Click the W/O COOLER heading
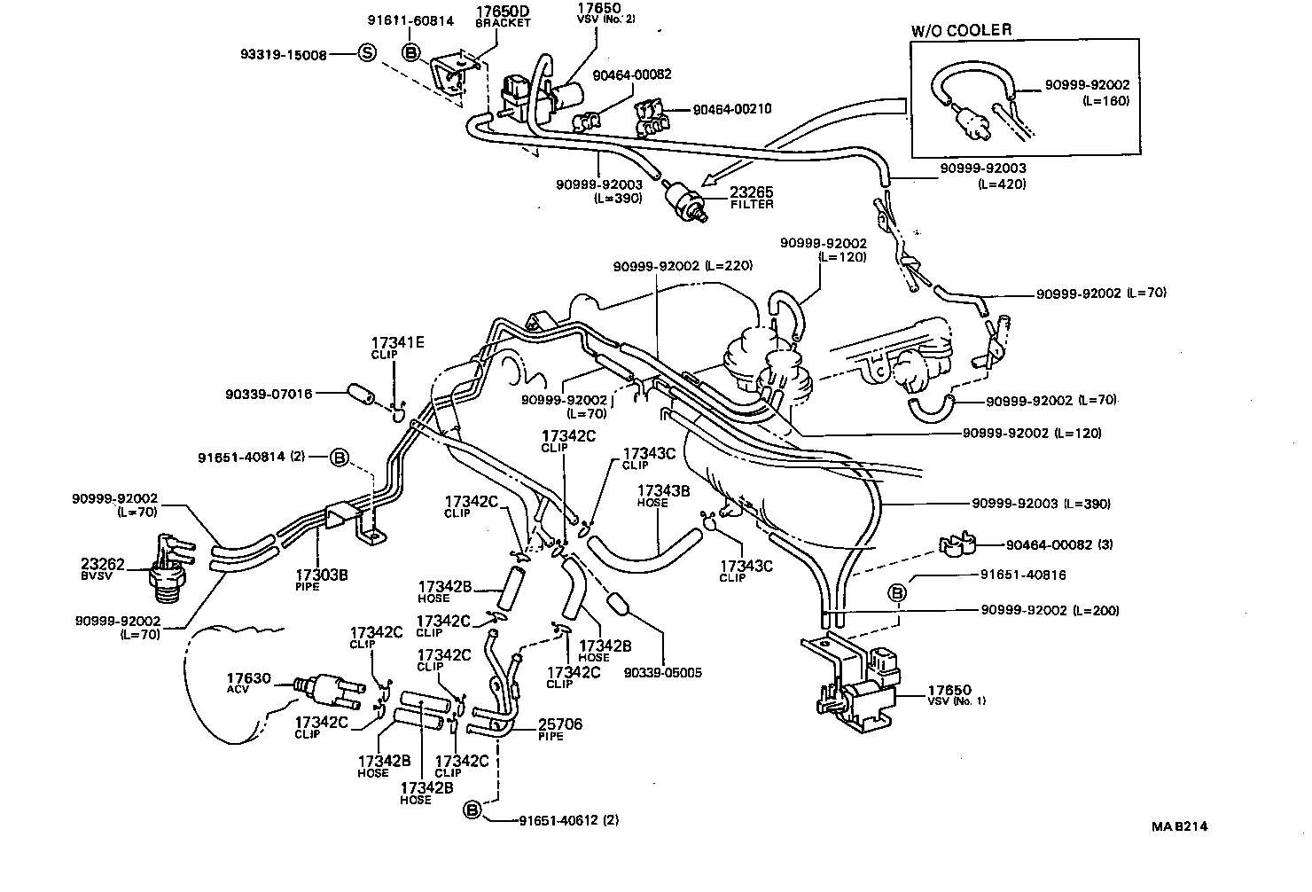(x=961, y=31)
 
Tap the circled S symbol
(x=366, y=53)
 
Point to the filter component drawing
(x=685, y=198)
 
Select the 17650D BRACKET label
(x=503, y=16)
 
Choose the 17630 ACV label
(x=247, y=683)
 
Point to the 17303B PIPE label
(x=320, y=580)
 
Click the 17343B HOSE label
(x=658, y=494)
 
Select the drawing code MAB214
(x=1179, y=827)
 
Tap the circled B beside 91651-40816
(x=897, y=592)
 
